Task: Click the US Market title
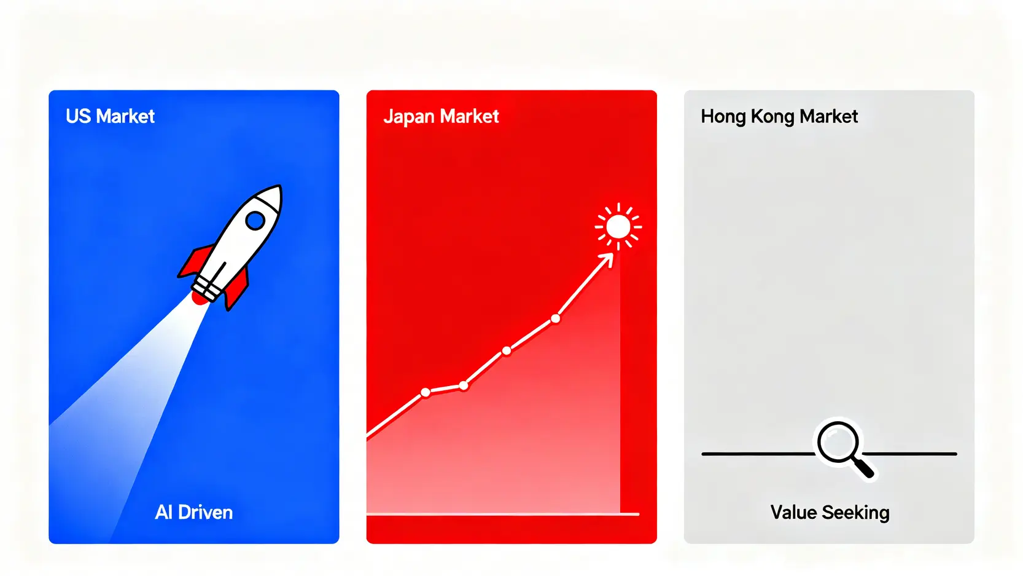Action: click(x=110, y=117)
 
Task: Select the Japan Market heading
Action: click(x=441, y=117)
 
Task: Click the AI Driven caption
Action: click(x=193, y=513)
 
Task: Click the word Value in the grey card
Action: click(x=794, y=513)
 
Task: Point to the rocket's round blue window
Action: click(x=255, y=221)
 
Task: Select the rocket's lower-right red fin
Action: click(x=237, y=290)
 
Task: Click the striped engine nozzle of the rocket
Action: click(x=206, y=288)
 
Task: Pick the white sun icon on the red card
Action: click(x=618, y=227)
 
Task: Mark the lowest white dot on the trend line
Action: click(x=425, y=392)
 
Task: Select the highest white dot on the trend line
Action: click(x=555, y=318)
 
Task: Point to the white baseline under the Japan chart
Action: click(x=503, y=515)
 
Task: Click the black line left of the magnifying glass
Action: click(x=758, y=454)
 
